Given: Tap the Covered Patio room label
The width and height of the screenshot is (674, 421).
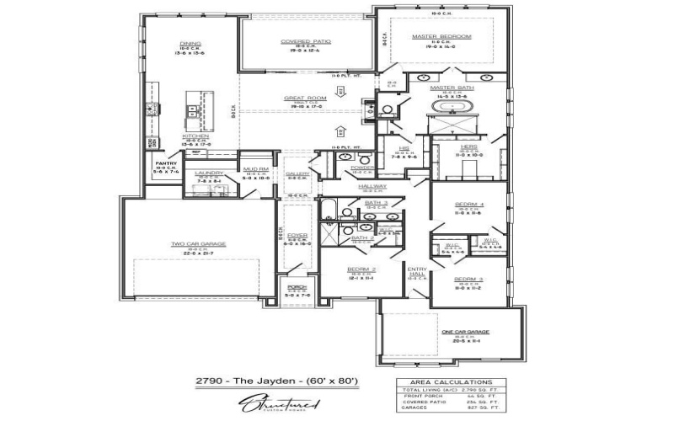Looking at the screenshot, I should (x=305, y=40).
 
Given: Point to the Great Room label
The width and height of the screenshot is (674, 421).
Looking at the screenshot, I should (x=305, y=98).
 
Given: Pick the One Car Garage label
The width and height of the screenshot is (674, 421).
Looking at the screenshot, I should (x=466, y=333).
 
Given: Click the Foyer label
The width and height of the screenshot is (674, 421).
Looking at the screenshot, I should (x=297, y=236).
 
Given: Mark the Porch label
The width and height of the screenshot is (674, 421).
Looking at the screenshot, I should (x=297, y=287).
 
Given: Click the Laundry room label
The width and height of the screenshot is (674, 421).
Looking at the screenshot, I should (x=209, y=173).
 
